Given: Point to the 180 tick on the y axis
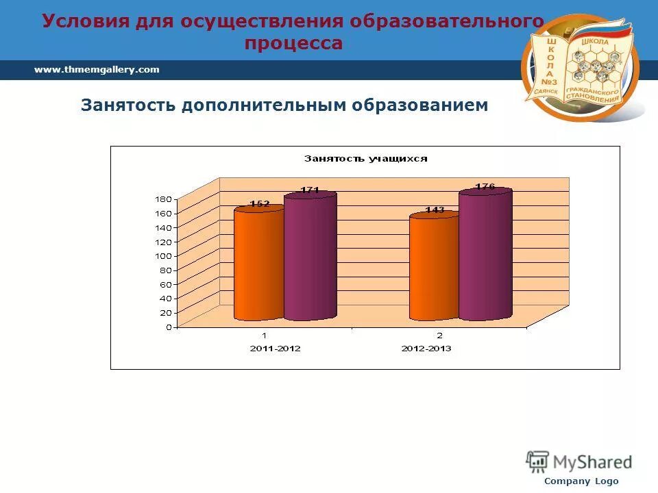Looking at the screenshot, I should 163,199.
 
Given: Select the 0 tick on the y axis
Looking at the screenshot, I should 167,327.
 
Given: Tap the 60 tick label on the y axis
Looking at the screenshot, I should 164,283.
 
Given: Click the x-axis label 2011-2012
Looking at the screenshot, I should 275,349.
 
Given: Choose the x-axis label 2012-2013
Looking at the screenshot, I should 426,349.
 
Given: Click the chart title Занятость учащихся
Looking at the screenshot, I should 365,159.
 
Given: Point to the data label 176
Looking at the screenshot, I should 485,186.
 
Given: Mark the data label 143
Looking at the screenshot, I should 435,210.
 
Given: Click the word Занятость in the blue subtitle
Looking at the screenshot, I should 128,105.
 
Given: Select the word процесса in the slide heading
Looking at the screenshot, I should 294,43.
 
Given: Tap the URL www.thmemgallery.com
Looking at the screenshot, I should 97,69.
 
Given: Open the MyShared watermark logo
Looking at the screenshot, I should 579,462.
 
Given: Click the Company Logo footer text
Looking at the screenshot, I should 581,481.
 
